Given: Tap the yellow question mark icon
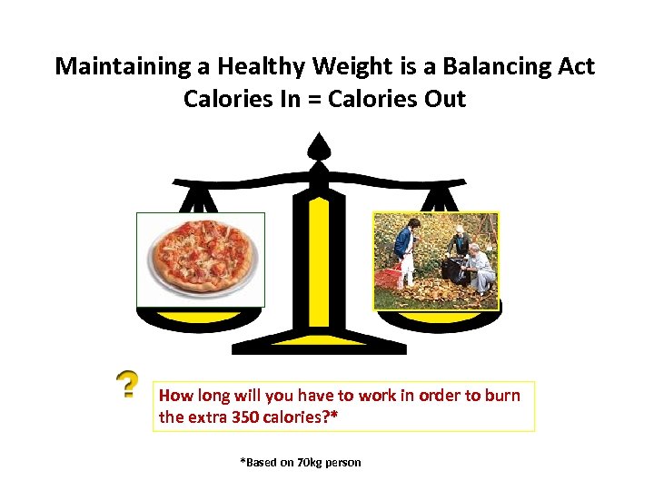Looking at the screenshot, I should [128, 385].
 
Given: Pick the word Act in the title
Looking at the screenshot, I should [575, 66].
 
